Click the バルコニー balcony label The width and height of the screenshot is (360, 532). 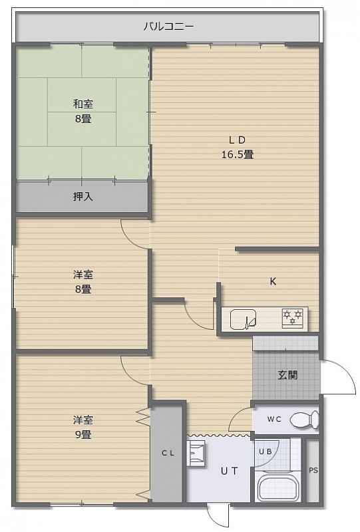point(168,27)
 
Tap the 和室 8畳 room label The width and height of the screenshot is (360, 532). point(83,111)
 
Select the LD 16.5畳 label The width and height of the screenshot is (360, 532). point(238,147)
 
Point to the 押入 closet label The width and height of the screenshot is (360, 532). point(83,196)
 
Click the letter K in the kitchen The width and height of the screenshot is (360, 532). point(273,281)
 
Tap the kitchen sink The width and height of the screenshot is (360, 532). point(243,319)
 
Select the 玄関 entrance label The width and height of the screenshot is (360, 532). point(287,375)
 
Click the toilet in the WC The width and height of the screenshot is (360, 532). point(304,420)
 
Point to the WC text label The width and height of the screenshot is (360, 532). point(274,419)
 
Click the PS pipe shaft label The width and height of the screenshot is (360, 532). point(313,470)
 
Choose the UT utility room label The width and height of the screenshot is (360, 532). point(230,471)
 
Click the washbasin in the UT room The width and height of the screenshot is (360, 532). point(196,454)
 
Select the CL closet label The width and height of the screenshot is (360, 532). point(168,453)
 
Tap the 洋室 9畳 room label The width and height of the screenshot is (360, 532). point(83,427)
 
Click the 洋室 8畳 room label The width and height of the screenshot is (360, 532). point(83,281)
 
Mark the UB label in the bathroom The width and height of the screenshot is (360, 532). point(266,452)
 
